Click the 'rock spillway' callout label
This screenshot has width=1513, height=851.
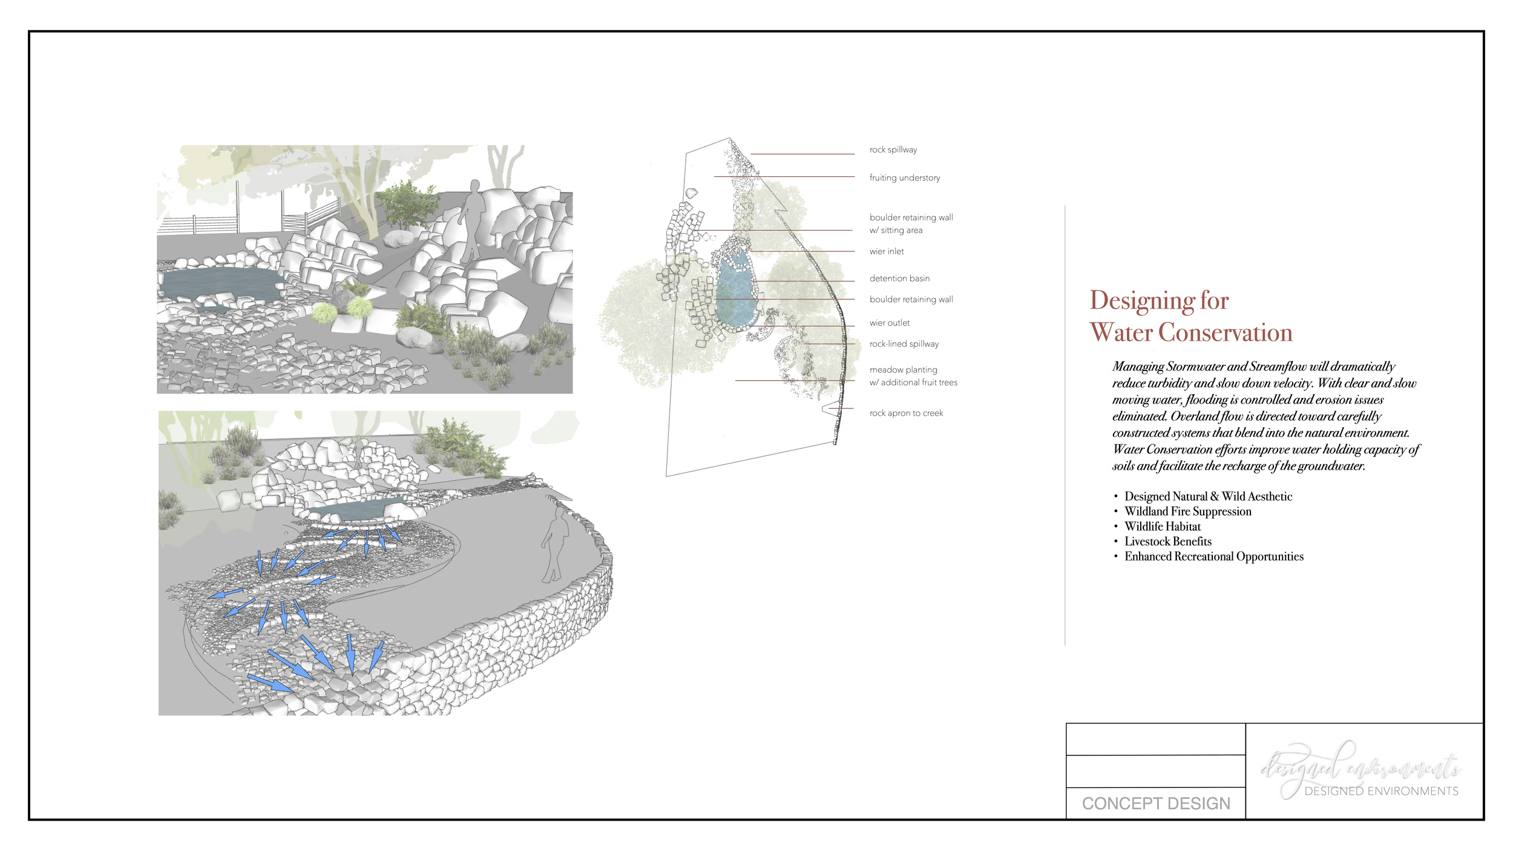[x=893, y=149]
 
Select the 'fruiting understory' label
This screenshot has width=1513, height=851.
[x=904, y=177]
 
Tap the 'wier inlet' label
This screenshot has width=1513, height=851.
[x=886, y=251]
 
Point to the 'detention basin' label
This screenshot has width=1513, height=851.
[x=899, y=278]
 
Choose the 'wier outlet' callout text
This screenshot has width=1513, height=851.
[x=889, y=323]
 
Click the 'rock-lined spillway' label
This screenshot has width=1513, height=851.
[x=904, y=344]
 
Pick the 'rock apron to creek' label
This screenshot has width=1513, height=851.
[x=905, y=413]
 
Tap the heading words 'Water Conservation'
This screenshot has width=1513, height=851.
[x=1190, y=332]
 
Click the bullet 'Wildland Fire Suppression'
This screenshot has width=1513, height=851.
[x=1187, y=511]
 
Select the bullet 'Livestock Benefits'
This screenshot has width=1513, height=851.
[x=1167, y=541]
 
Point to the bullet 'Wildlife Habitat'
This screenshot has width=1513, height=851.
[x=1162, y=527]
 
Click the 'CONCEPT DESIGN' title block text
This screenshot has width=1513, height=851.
[x=1155, y=803]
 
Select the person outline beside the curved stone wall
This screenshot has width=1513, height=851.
[x=555, y=545]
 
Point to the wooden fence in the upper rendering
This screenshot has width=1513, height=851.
[x=200, y=225]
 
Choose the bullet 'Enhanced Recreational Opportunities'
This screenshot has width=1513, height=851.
[x=1213, y=556]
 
